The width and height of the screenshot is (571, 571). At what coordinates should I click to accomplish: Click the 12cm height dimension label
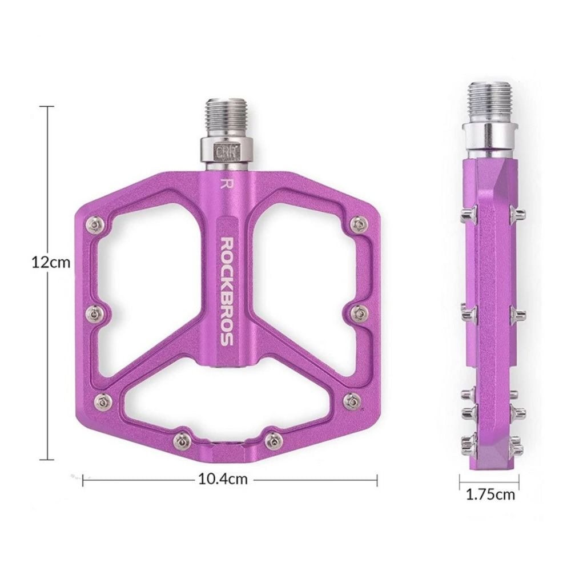click(x=51, y=262)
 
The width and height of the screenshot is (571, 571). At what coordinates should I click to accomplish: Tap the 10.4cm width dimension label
click(x=223, y=479)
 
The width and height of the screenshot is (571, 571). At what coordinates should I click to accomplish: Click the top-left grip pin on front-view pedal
click(x=95, y=225)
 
